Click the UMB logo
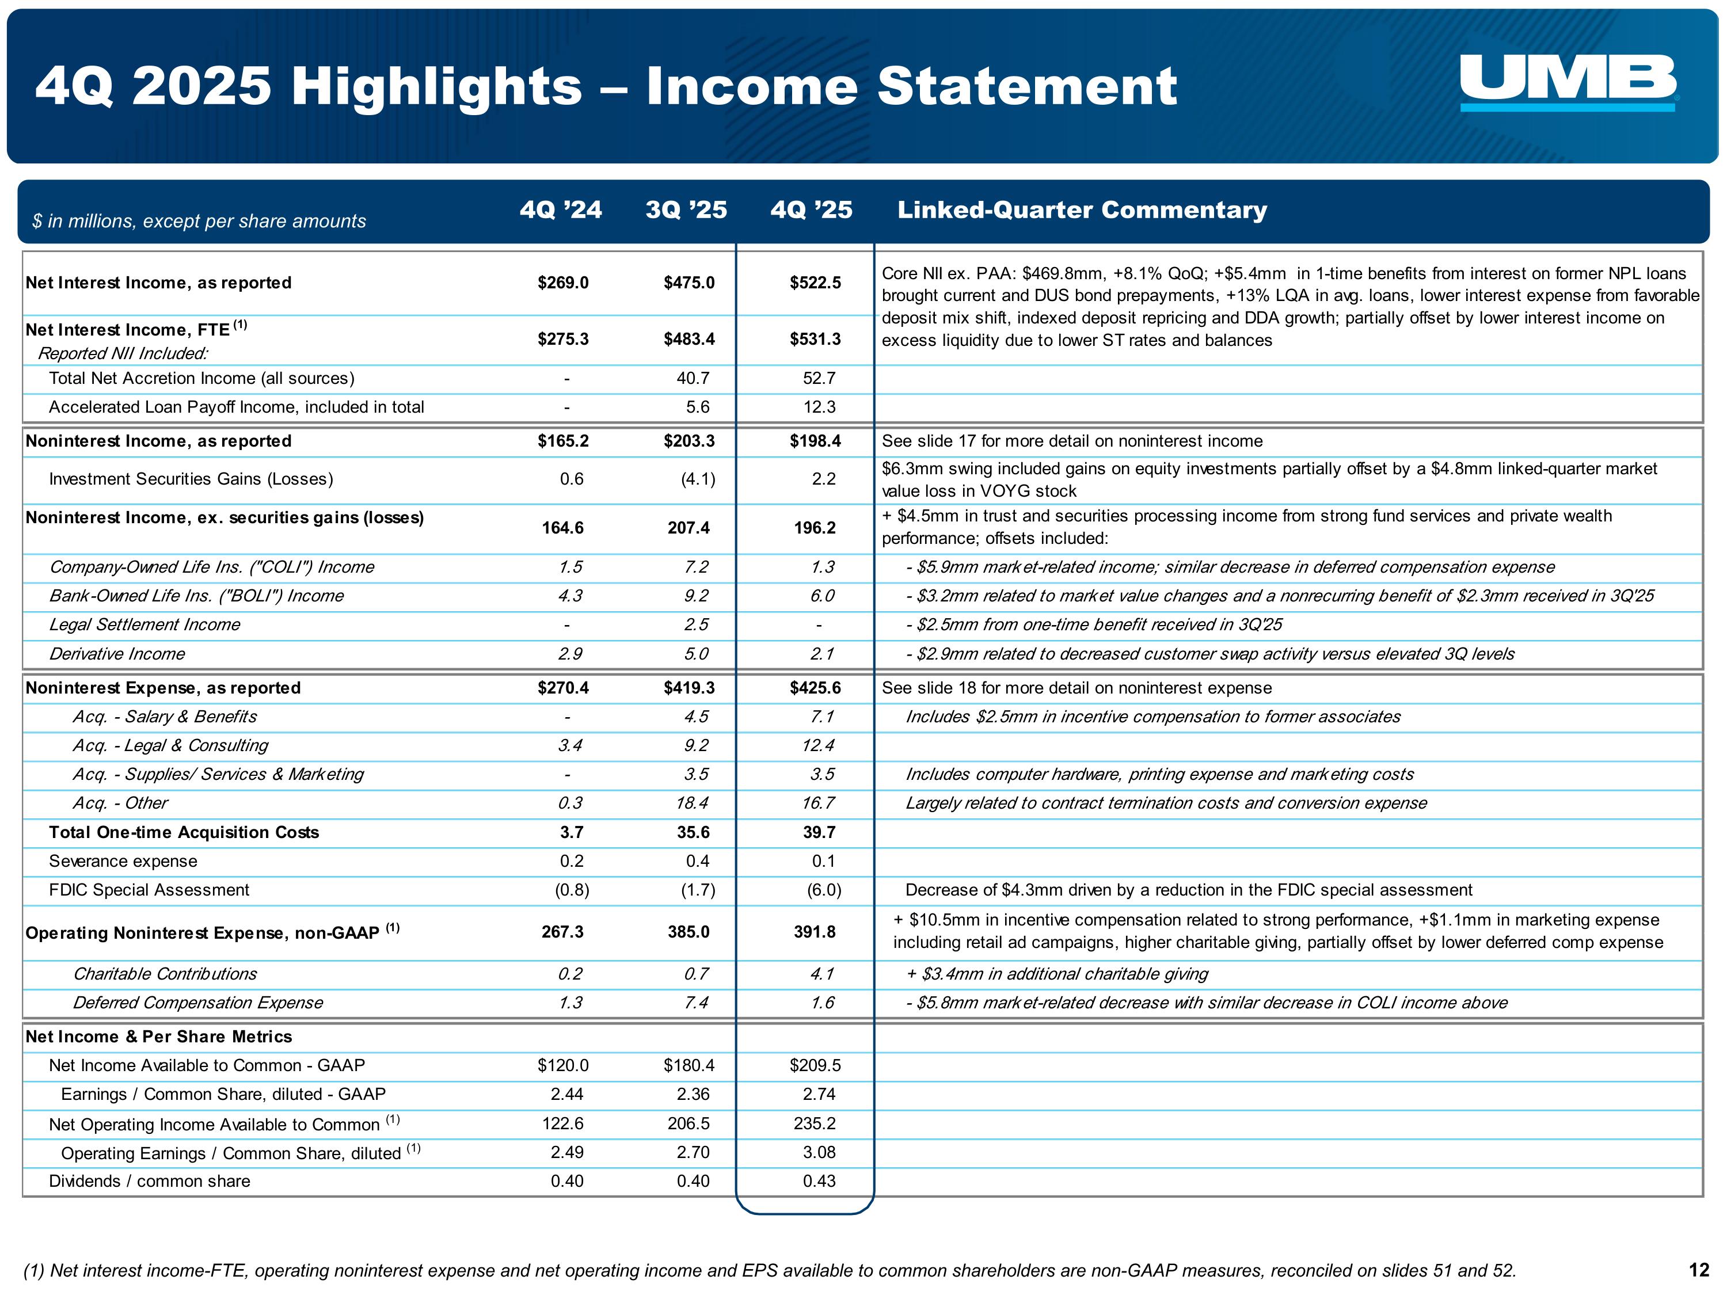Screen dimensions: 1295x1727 (1568, 82)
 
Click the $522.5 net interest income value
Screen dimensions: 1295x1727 (815, 283)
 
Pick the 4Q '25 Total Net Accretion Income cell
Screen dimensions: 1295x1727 (819, 379)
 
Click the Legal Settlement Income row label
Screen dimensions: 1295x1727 (144, 624)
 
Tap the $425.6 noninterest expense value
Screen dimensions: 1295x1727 (815, 688)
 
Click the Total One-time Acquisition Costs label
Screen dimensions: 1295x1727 (184, 832)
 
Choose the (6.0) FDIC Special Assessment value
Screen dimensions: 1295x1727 (824, 890)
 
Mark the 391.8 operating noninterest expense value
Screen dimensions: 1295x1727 (815, 932)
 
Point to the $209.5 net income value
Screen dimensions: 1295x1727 (815, 1065)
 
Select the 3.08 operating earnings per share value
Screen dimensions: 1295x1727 (819, 1152)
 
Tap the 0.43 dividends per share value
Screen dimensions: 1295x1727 (819, 1181)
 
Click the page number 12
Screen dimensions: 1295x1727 (1699, 1270)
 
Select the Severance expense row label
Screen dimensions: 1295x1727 (123, 861)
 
